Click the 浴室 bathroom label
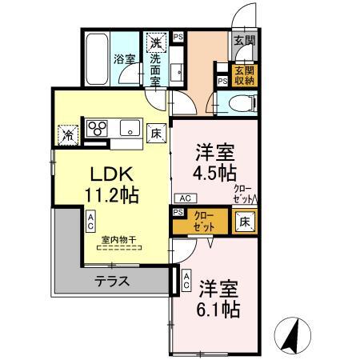point(123,58)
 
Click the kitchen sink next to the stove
point(128,126)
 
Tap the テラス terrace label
point(114,281)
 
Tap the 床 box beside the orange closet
point(243,220)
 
